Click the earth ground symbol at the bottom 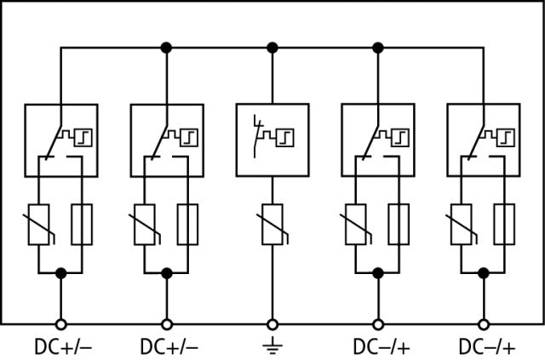click(272, 346)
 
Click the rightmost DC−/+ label click(485, 346)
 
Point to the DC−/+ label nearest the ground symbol click(380, 346)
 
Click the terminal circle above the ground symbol click(272, 323)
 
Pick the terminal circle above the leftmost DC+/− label click(60, 323)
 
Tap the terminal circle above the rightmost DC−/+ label click(484, 323)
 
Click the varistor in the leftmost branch click(38, 225)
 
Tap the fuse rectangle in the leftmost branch click(82, 225)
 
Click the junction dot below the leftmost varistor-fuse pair click(60, 272)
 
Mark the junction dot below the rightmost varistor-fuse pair click(484, 272)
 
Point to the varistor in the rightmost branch click(462, 225)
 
